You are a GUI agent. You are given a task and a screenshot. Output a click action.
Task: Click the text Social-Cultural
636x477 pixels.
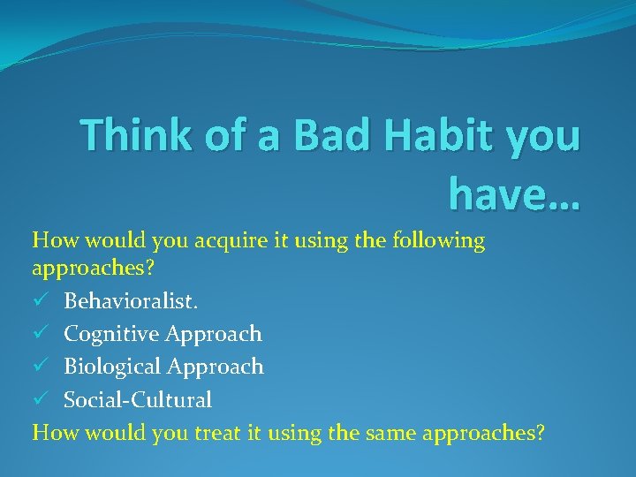[137, 400]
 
